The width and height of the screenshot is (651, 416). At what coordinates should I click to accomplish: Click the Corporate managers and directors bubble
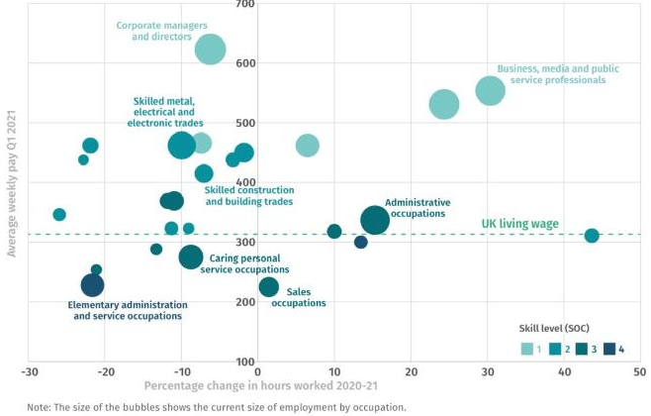[210, 49]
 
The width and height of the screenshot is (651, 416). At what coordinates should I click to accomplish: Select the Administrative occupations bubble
[375, 220]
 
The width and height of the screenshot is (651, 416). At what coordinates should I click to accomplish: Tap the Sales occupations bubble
[268, 287]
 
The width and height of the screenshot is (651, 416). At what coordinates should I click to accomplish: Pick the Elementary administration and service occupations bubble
[92, 285]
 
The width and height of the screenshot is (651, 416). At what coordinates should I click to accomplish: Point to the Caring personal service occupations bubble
[191, 258]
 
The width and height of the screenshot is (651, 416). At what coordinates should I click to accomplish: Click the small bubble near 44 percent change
[592, 236]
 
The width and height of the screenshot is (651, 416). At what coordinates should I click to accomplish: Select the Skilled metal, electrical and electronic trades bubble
[181, 145]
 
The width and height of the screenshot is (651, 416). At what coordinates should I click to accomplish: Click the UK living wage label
[519, 224]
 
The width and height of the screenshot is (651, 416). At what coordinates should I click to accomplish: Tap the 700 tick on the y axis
[244, 5]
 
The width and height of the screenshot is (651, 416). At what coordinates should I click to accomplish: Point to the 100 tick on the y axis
[244, 362]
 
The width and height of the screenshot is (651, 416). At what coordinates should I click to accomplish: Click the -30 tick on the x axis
[30, 372]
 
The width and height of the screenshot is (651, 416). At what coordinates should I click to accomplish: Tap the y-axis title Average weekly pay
[12, 184]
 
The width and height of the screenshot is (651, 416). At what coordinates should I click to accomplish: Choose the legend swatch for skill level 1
[529, 348]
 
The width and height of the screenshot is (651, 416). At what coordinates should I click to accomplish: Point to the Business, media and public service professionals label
[550, 74]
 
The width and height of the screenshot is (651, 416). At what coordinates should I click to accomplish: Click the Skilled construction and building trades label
[249, 195]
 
